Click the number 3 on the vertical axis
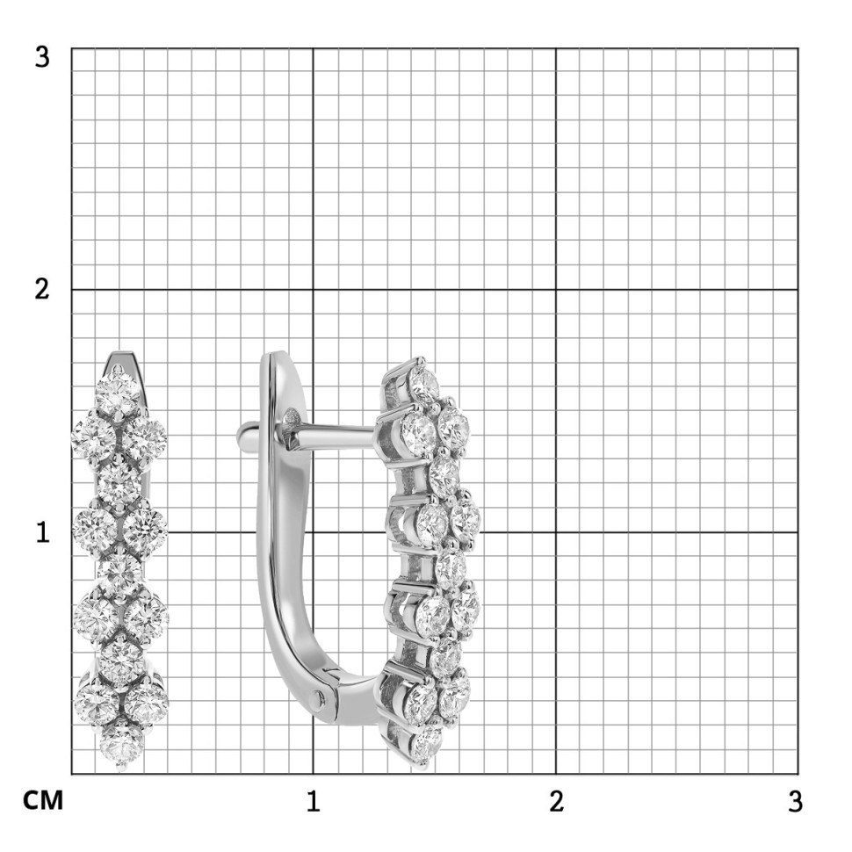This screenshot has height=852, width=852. pos(42,57)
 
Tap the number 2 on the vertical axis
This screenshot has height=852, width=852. pos(42,289)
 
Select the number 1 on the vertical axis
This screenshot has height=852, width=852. pos(43,532)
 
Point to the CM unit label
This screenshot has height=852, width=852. pos(43,800)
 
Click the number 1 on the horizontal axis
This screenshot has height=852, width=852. pos(313,801)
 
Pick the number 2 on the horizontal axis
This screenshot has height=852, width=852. pos(556,801)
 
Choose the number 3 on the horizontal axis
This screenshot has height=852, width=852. pos(795,801)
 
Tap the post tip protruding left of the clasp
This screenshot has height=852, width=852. pos(243,434)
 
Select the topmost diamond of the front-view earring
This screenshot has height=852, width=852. pos(118,394)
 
